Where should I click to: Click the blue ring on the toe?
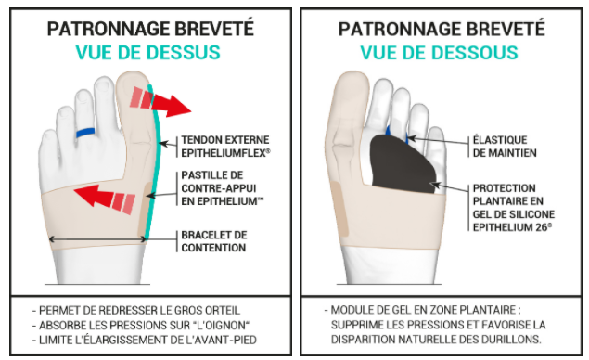(85, 133)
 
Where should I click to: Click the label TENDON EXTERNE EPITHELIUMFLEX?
(225, 147)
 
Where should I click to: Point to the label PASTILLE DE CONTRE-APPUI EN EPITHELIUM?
(222, 188)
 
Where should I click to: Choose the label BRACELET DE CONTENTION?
(213, 241)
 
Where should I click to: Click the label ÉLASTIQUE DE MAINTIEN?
(505, 147)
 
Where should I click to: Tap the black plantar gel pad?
(402, 164)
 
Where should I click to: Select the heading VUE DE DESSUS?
(148, 52)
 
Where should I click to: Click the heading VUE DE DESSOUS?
(439, 52)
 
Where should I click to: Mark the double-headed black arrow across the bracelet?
(97, 239)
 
